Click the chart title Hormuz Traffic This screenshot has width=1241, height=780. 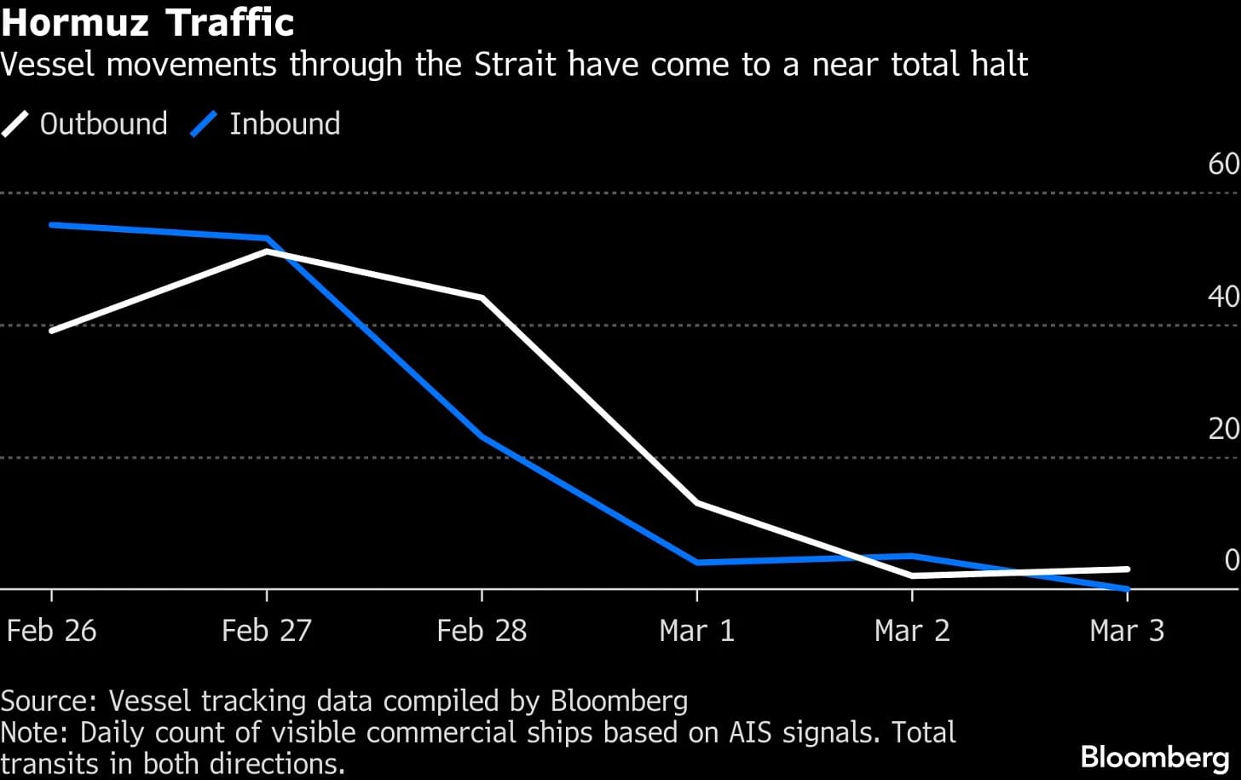(147, 22)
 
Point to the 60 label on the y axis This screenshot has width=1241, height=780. (1223, 164)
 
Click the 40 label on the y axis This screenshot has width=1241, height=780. (1223, 297)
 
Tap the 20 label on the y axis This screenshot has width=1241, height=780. (1223, 429)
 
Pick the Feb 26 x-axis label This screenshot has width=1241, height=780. (51, 631)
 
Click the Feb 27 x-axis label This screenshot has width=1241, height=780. (267, 631)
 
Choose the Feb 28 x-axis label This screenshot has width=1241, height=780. (482, 631)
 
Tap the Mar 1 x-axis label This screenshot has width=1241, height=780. (696, 631)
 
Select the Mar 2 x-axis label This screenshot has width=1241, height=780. (912, 631)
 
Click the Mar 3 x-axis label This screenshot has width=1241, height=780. (1127, 631)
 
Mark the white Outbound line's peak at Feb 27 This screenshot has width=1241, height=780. (267, 252)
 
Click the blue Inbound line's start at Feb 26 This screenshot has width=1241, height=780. (52, 225)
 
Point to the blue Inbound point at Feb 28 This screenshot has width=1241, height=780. (482, 437)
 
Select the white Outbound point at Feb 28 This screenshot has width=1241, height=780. (482, 298)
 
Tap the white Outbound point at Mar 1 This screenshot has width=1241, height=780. (697, 503)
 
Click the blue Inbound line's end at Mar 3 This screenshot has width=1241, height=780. (1128, 588)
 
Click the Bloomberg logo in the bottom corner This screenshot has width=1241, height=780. (1154, 756)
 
